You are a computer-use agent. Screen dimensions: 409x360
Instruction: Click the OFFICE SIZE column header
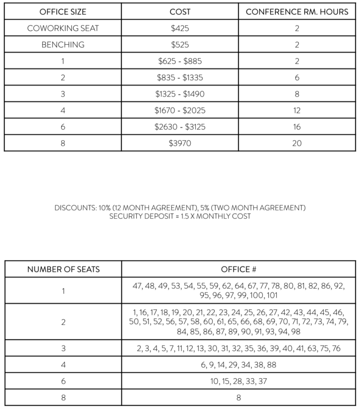coord(63,12)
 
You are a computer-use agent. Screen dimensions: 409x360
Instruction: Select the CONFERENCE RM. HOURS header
coord(297,12)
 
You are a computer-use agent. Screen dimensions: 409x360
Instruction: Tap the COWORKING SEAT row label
coord(63,28)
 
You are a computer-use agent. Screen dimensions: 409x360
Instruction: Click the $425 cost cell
coord(180,28)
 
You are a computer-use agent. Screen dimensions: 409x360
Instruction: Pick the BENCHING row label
coord(63,45)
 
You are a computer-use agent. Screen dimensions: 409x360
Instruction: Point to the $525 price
coord(180,45)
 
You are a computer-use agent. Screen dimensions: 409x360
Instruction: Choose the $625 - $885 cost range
coord(180,61)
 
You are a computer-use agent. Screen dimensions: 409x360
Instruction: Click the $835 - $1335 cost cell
coord(180,77)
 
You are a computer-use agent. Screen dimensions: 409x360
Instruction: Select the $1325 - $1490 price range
coord(180,94)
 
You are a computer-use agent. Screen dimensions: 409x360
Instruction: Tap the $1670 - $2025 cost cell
coord(180,110)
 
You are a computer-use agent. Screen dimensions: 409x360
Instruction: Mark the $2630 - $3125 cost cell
coord(180,127)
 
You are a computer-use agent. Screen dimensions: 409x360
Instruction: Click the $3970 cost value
coord(180,143)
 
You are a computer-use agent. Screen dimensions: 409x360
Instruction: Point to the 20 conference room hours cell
coord(297,143)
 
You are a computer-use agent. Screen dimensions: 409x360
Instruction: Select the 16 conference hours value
coord(297,127)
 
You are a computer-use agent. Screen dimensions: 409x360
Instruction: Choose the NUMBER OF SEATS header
coord(63,269)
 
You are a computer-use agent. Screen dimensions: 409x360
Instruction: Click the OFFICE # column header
coord(239,269)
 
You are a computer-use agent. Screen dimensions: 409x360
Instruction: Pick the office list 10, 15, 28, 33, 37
coord(239,381)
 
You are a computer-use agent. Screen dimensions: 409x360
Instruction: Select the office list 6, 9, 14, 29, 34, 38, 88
coord(239,365)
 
